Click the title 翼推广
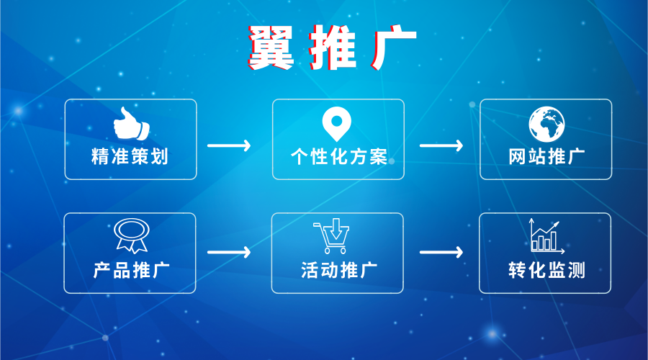pos(332,47)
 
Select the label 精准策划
pos(130,157)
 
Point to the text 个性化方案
pos(339,157)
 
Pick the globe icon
pos(546,124)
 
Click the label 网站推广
pos(546,157)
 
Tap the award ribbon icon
pos(132,235)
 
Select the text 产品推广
pos(132,270)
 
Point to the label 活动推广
pos(339,270)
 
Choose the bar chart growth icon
pos(546,235)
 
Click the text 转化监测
pos(546,270)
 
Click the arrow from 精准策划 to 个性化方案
pos(229,145)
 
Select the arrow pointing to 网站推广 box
pos(441,145)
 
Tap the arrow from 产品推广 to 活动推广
pos(229,252)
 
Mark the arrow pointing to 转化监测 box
pos(441,252)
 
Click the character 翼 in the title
pos(271,47)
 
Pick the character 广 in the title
pos(394,47)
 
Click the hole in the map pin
pos(337,121)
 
